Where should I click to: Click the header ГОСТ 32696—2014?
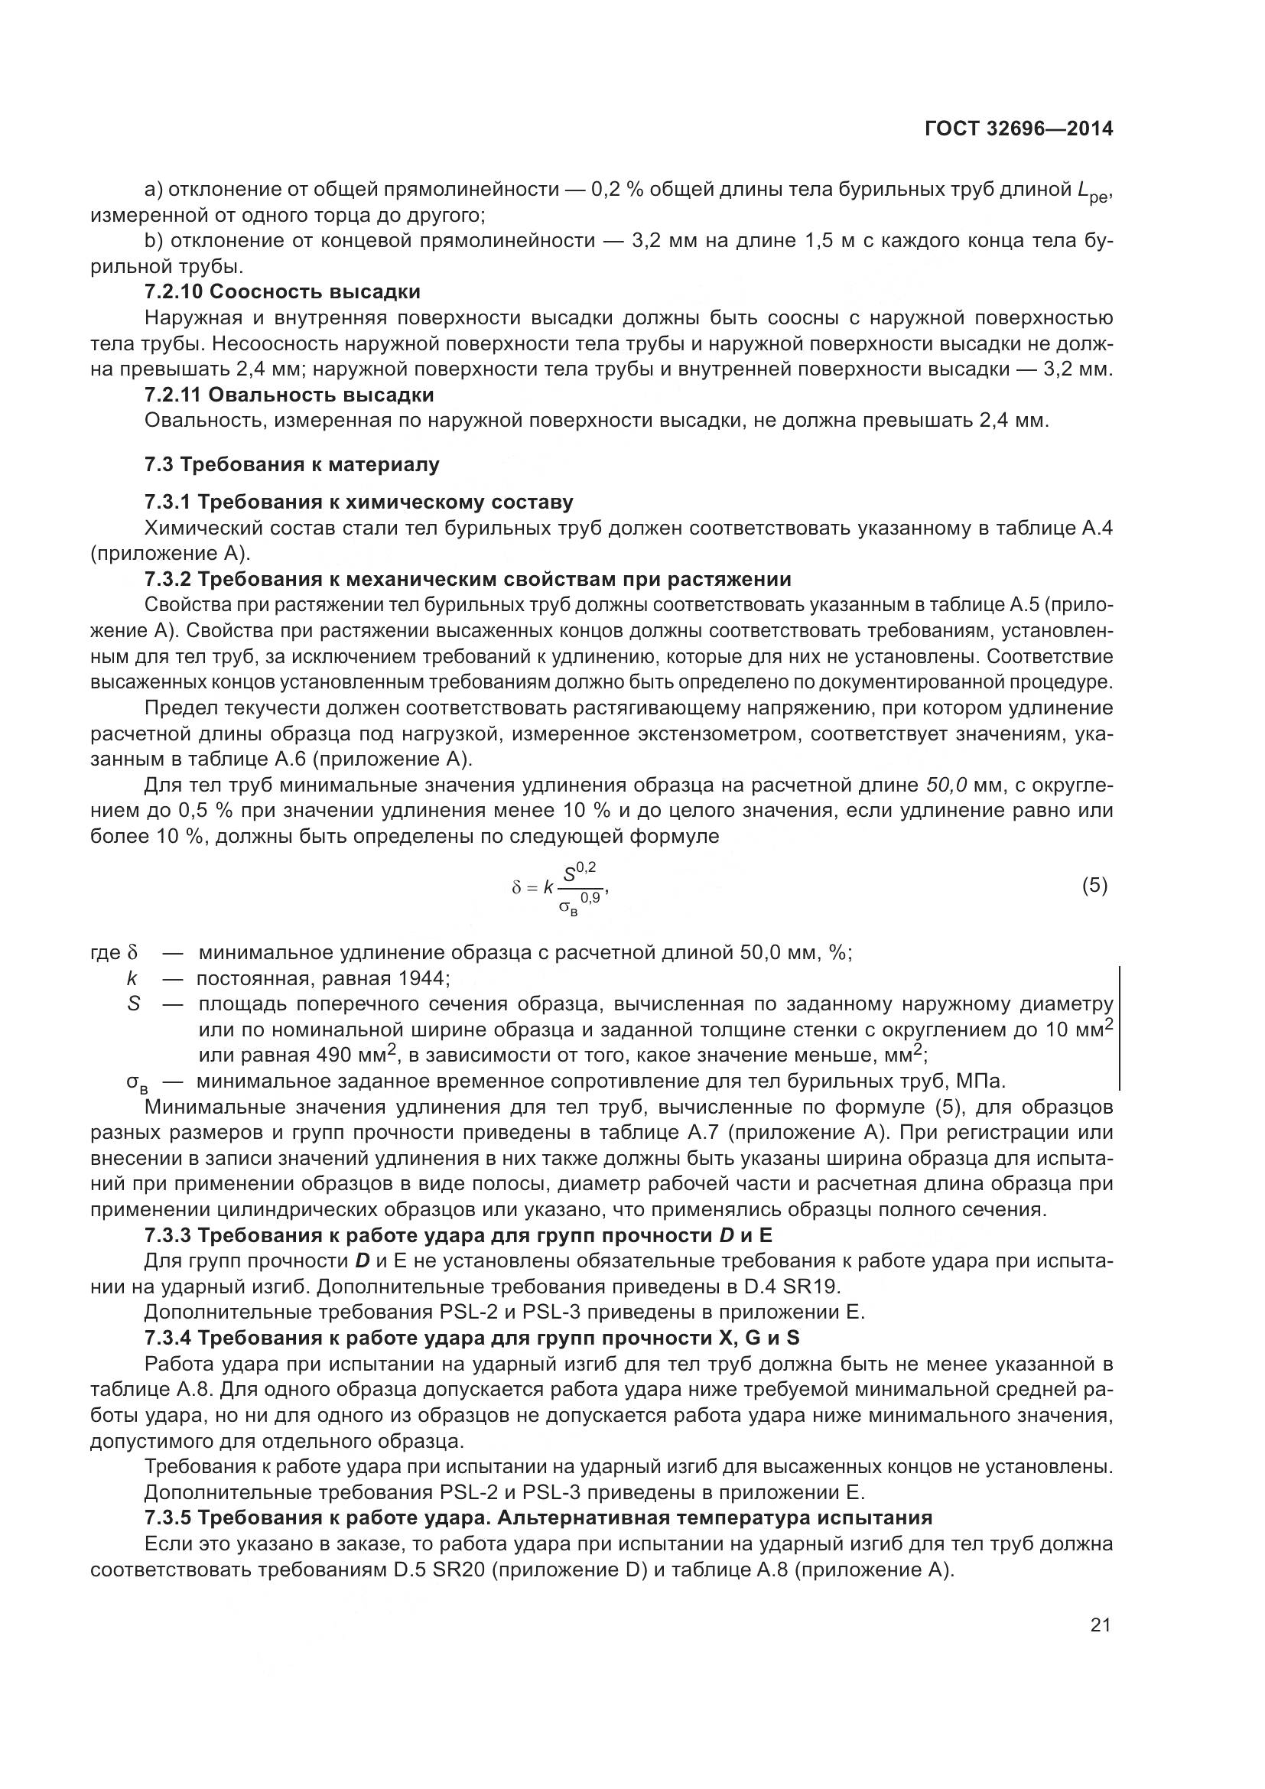(x=1018, y=128)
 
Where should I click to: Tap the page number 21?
(x=1100, y=1625)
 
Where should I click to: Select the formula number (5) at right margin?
(x=1094, y=884)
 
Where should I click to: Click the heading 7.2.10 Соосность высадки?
(x=282, y=292)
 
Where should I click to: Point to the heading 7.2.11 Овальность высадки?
(x=289, y=395)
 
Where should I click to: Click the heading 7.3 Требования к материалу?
(x=291, y=464)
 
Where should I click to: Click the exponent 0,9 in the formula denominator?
(x=590, y=898)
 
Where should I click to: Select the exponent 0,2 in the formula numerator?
(x=587, y=867)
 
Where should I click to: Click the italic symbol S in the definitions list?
(x=134, y=1003)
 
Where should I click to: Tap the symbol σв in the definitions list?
(x=137, y=1082)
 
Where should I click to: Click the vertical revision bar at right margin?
(x=1120, y=1027)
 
